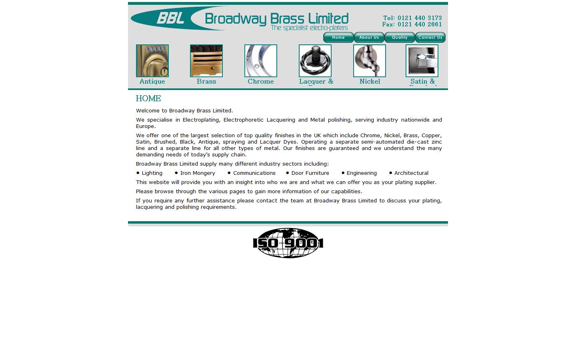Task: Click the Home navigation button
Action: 338,38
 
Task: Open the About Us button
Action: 369,38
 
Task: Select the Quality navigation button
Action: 400,38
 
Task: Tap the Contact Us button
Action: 430,38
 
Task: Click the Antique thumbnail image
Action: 152,61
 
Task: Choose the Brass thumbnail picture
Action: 206,61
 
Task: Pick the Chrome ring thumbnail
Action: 261,61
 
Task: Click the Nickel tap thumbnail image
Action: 370,61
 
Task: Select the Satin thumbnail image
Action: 422,61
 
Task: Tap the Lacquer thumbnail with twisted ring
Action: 315,61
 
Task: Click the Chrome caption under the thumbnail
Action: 261,82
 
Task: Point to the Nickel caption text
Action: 370,82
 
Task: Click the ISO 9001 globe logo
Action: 288,243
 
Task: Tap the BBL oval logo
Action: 170,18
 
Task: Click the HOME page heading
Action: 148,98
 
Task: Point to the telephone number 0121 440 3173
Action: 420,18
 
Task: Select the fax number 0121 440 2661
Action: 420,24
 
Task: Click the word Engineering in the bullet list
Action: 362,173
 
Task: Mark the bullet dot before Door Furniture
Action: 288,173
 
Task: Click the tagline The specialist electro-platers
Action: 309,28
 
